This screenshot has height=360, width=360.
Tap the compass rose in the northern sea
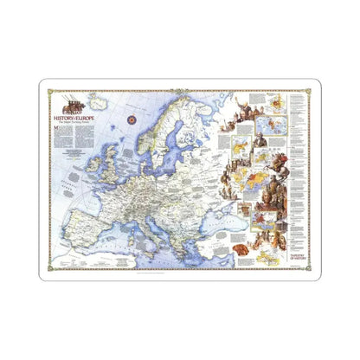pos(132,119)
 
